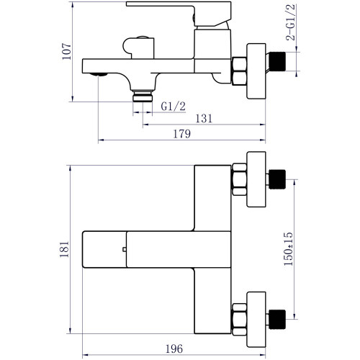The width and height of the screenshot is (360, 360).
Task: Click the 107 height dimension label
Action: click(x=66, y=51)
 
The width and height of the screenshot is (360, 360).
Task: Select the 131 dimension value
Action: click(x=204, y=119)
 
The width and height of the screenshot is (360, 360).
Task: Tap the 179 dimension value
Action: click(x=182, y=134)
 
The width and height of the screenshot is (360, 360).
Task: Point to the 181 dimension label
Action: click(x=64, y=250)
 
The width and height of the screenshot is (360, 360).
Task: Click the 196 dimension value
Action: click(x=174, y=348)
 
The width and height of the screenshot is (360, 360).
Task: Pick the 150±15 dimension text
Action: click(x=288, y=249)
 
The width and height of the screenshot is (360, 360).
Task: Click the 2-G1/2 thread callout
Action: click(x=291, y=22)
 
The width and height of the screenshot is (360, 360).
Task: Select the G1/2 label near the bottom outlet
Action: click(x=174, y=107)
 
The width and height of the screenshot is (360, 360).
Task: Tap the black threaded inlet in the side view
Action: click(x=277, y=61)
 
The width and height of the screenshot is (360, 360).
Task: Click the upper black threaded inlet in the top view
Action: click(x=277, y=179)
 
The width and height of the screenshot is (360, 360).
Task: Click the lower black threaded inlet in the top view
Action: click(x=277, y=320)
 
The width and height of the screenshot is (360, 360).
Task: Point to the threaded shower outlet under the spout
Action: click(x=143, y=96)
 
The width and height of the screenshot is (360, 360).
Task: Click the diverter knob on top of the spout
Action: click(x=139, y=48)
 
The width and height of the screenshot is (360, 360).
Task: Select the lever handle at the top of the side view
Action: click(x=179, y=14)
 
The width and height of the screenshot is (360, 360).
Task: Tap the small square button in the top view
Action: click(x=125, y=249)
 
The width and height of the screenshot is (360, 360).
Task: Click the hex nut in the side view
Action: click(x=239, y=71)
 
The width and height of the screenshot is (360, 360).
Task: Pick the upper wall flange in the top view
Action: click(x=256, y=179)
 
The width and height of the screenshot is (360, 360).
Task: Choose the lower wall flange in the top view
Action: click(x=256, y=320)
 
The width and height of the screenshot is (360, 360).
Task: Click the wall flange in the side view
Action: click(x=256, y=71)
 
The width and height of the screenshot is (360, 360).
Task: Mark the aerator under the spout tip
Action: click(x=99, y=75)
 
